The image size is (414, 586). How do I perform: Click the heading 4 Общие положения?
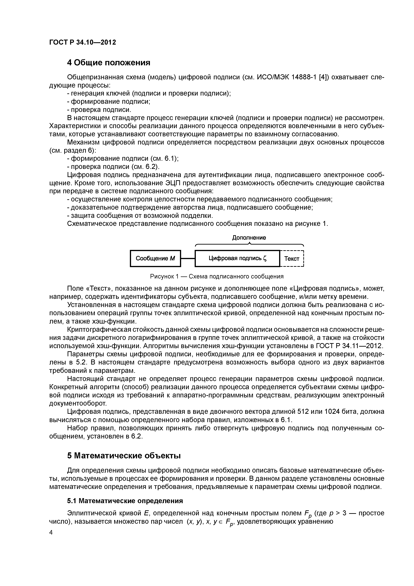click(x=109, y=62)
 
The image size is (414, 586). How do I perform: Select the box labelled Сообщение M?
click(x=155, y=259)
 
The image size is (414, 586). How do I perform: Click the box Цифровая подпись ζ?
click(x=237, y=259)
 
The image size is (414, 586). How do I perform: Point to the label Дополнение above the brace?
click(x=249, y=238)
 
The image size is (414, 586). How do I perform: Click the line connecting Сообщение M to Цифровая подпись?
click(x=188, y=259)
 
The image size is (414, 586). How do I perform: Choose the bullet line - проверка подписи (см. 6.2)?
click(x=113, y=167)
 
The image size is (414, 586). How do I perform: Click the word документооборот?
click(x=75, y=404)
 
